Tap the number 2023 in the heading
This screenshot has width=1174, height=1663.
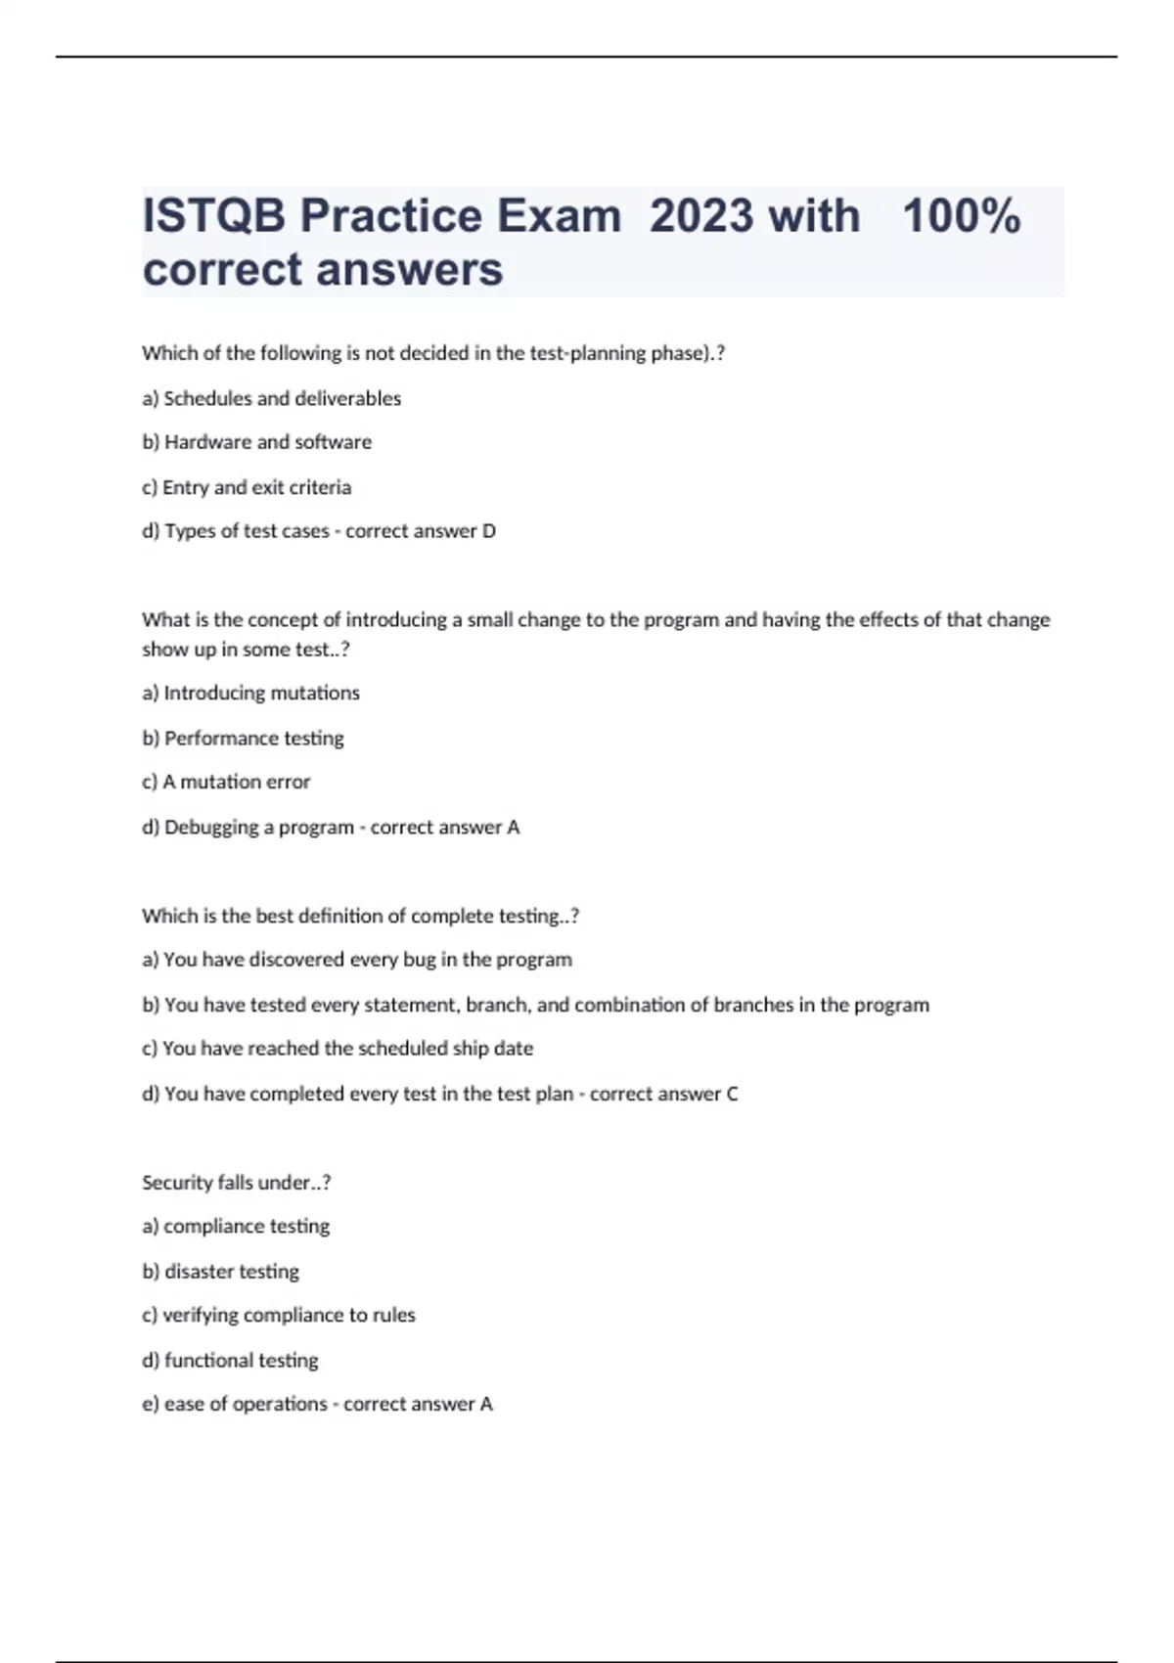pos(701,216)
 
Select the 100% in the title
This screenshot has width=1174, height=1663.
pos(962,216)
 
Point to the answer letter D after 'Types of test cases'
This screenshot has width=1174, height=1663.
pos(489,531)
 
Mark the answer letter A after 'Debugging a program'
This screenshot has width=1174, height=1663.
pos(513,828)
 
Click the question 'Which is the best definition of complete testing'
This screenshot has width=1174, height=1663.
pos(360,916)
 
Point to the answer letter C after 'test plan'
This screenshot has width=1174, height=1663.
pos(732,1094)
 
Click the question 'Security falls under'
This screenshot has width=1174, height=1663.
pos(236,1183)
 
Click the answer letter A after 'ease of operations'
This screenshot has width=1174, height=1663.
pos(486,1405)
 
